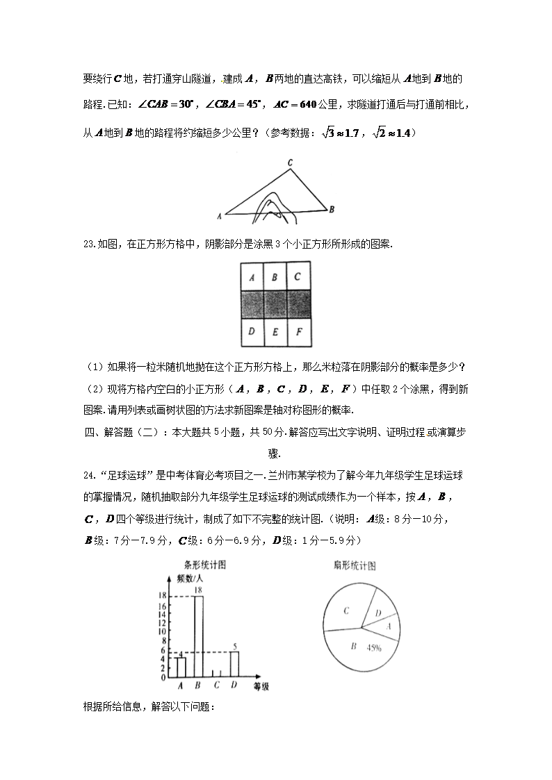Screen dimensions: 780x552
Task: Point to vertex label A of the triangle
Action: [219, 216]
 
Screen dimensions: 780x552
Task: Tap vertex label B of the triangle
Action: [332, 208]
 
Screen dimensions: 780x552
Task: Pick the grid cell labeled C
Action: [298, 277]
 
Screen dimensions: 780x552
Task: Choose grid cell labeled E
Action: [275, 331]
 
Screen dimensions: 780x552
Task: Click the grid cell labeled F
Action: [298, 331]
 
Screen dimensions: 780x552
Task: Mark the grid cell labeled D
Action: [251, 331]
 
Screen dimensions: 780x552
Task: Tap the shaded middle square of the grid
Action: [275, 304]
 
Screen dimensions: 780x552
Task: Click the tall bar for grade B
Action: [198, 636]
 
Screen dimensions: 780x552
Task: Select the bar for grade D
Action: [235, 663]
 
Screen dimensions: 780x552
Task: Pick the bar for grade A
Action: [181, 667]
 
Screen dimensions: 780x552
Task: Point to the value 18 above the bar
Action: [198, 590]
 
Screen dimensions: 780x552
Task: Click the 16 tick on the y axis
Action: [162, 606]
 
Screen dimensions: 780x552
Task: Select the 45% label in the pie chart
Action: [374, 648]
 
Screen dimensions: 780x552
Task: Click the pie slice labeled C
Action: [346, 611]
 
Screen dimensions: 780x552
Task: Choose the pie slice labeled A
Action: [388, 626]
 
